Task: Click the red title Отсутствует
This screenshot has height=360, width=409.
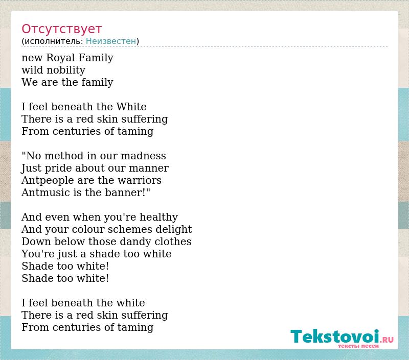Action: (x=61, y=29)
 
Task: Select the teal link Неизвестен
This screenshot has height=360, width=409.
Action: (x=111, y=41)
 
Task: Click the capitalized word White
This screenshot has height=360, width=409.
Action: (x=131, y=107)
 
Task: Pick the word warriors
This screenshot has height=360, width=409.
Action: (x=140, y=180)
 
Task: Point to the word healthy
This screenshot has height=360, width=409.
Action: (x=158, y=218)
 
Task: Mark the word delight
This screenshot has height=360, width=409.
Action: (x=174, y=230)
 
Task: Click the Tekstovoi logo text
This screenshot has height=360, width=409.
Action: (x=335, y=337)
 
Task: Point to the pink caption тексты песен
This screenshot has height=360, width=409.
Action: (x=358, y=346)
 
